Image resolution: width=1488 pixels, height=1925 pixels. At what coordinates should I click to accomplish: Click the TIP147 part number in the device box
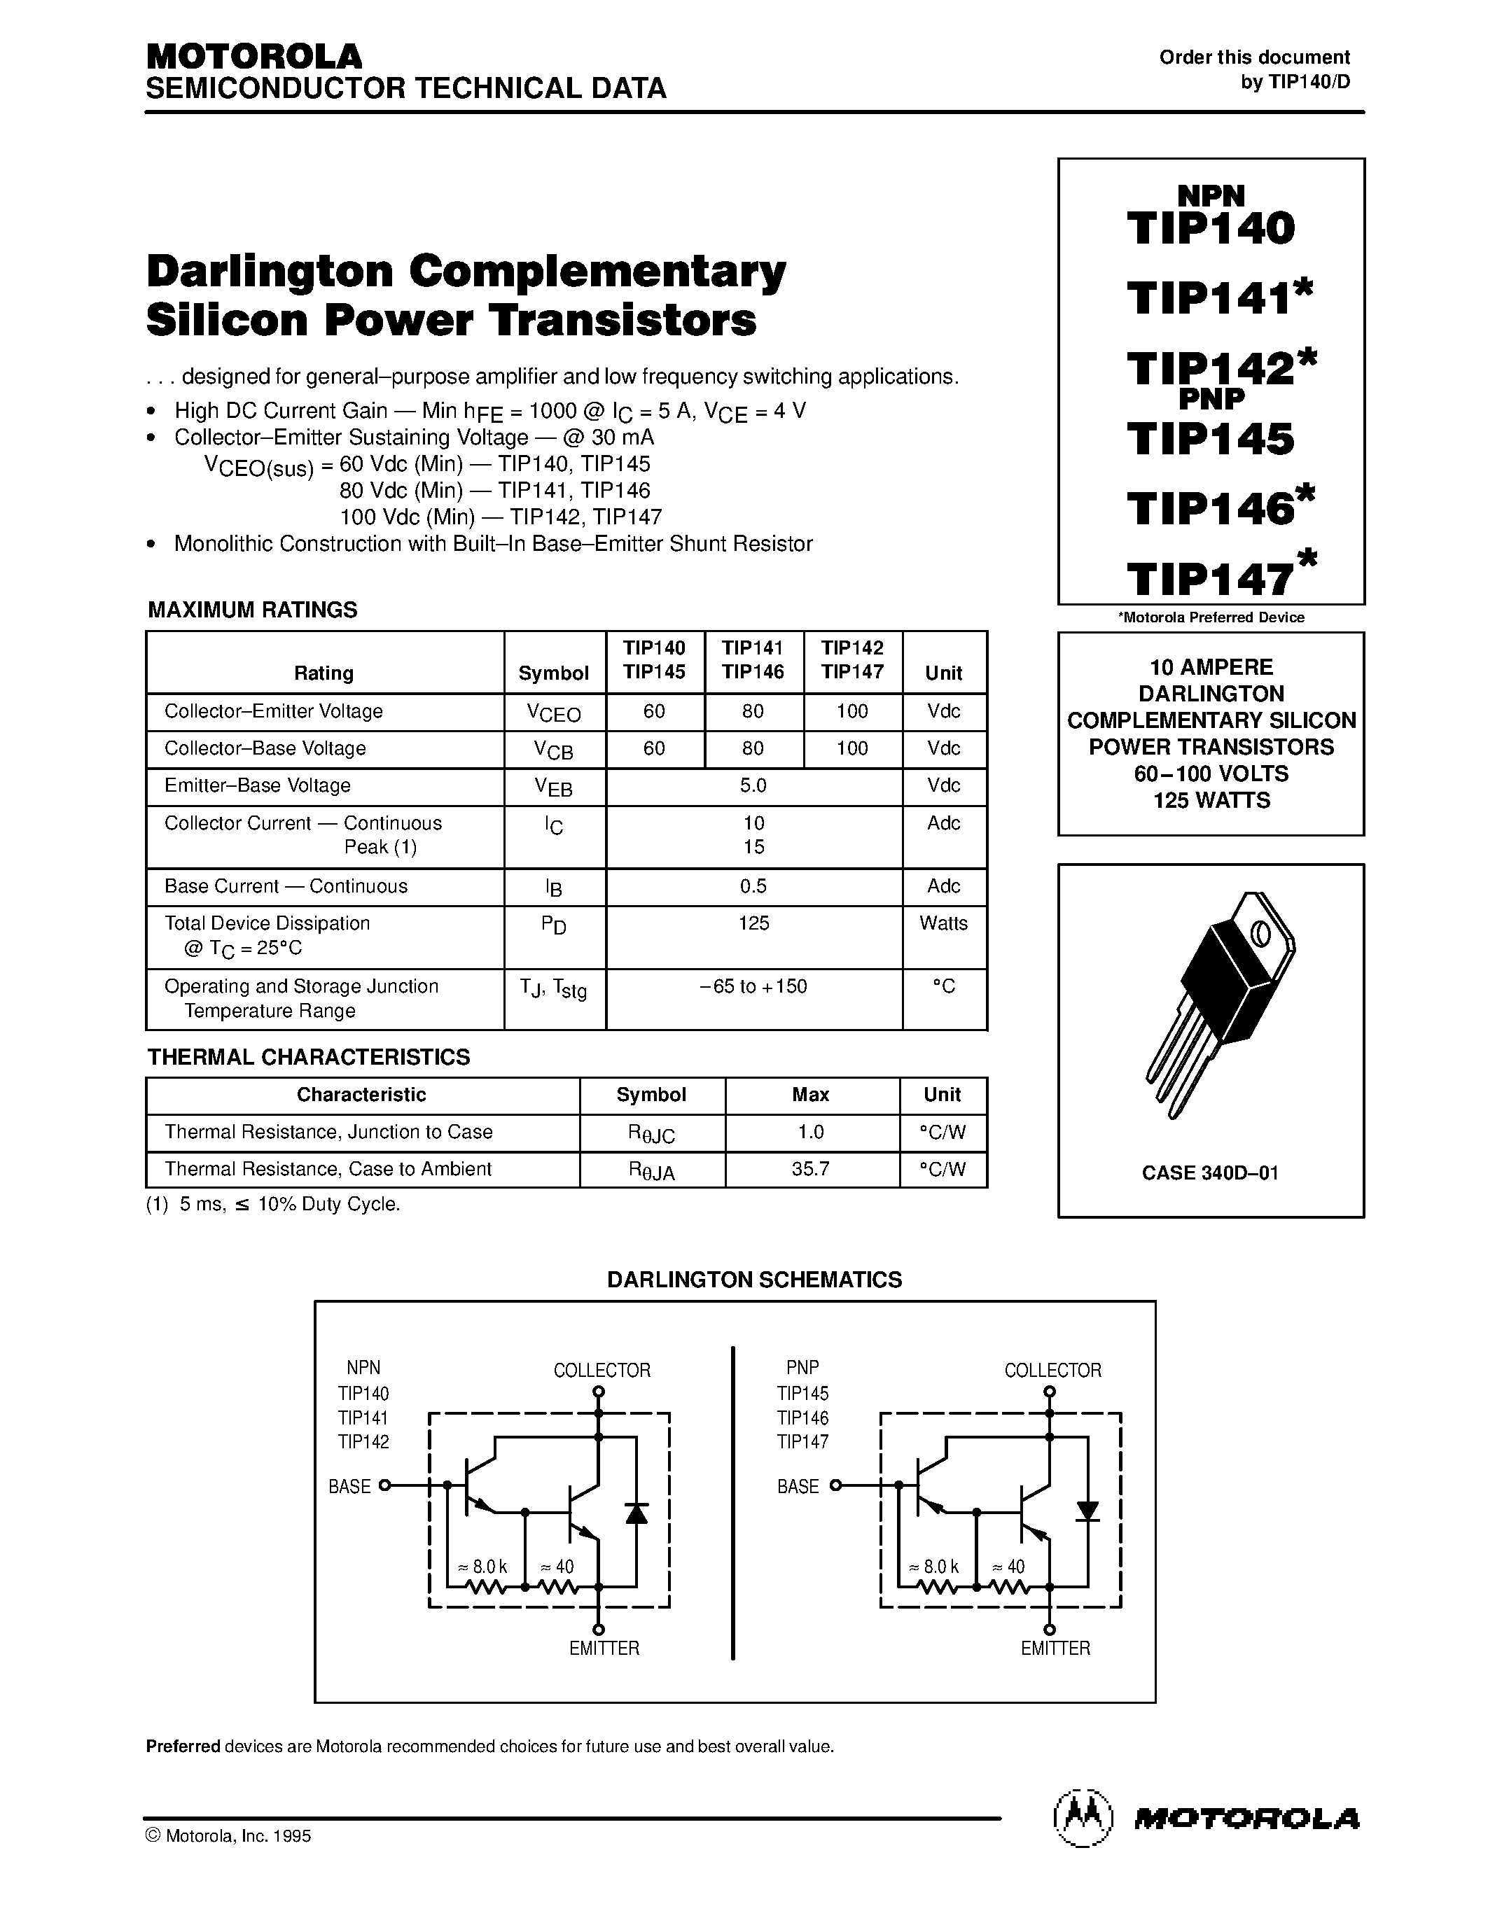pos(1210,578)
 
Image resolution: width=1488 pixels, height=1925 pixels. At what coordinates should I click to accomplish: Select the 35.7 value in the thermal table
pos(810,1169)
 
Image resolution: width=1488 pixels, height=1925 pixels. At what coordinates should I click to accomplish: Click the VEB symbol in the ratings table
pos(554,787)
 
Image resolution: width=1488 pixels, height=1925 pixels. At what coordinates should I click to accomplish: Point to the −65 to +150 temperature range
pos(753,986)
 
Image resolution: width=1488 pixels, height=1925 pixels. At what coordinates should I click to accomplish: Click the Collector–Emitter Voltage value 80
pos(753,711)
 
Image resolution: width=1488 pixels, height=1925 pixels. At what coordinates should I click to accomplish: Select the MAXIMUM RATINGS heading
pos(252,610)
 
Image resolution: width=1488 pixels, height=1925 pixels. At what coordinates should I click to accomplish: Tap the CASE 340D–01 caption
pos(1209,1173)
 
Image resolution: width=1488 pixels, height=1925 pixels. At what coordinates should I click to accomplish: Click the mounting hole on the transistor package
pos(1261,932)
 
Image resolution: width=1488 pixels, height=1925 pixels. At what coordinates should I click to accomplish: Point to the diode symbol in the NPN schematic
pos(637,1513)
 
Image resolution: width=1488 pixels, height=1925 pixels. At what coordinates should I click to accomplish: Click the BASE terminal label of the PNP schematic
pos(798,1487)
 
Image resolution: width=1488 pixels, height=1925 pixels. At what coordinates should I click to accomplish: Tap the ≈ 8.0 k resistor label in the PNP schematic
pos(933,1567)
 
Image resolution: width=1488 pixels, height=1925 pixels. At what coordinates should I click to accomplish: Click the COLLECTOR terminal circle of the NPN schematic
pos(599,1392)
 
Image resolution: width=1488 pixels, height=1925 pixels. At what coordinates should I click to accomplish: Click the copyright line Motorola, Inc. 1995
pos(228,1836)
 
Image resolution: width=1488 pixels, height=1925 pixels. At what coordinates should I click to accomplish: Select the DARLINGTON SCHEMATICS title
pos(755,1280)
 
